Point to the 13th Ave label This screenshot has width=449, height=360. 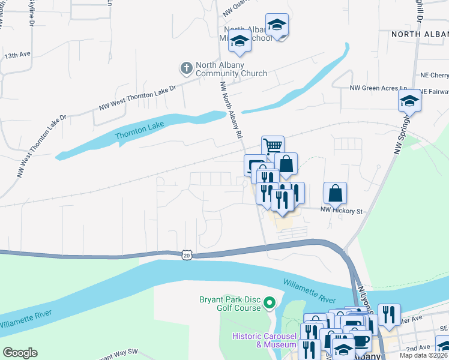pyautogui.click(x=17, y=55)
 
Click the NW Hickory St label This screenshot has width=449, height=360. pyautogui.click(x=342, y=211)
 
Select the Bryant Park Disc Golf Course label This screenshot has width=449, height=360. pyautogui.click(x=230, y=304)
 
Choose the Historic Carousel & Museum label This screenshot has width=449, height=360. pyautogui.click(x=265, y=340)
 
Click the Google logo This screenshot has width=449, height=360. pyautogui.click(x=20, y=353)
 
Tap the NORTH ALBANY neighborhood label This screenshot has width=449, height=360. pyautogui.click(x=420, y=34)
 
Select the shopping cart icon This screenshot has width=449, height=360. pyautogui.click(x=273, y=146)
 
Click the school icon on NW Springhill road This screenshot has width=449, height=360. pyautogui.click(x=409, y=100)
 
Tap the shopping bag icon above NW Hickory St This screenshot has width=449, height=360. pyautogui.click(x=336, y=193)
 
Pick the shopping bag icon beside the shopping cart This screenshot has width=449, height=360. pyautogui.click(x=286, y=163)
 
